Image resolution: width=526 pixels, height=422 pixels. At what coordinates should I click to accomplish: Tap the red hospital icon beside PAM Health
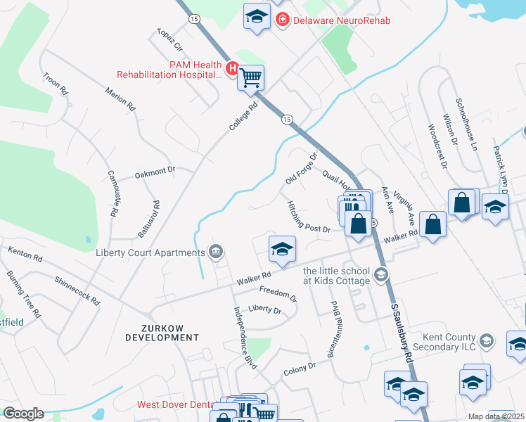pos(233,68)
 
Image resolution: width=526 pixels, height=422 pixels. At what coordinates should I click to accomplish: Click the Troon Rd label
pos(55,84)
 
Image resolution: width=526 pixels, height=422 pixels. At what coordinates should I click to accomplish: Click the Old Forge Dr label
pos(302,167)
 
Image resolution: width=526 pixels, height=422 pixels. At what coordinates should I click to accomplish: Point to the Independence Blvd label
pos(245,338)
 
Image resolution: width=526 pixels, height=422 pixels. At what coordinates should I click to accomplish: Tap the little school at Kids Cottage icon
pos(382,274)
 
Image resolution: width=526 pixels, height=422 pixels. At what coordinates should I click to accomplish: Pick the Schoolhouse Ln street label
pos(466,126)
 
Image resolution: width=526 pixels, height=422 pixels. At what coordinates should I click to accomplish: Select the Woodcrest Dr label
pos(437,147)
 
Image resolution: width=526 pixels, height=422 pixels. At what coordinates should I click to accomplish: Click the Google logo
pos(23,414)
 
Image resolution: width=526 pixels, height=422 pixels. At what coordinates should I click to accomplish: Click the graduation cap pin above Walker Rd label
pos(282,249)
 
